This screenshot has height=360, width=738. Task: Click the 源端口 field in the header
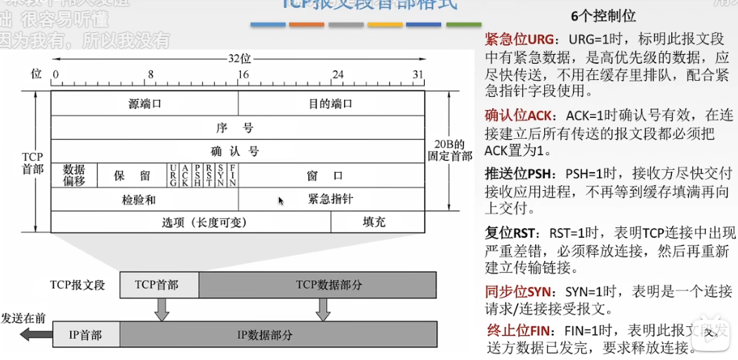(145, 103)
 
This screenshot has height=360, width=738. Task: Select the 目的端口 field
(331, 103)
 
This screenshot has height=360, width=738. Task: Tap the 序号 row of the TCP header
(238, 128)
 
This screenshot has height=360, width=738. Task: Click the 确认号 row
(238, 151)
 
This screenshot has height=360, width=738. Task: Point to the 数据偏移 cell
(74, 175)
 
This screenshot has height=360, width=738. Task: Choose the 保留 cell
(132, 175)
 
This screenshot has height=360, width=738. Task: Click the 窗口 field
(331, 175)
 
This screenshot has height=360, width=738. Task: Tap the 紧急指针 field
(331, 199)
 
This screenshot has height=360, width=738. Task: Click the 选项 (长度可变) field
(191, 222)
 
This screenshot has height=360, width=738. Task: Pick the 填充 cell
(377, 222)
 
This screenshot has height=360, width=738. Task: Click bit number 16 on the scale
(243, 74)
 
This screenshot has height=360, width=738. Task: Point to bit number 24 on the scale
(338, 74)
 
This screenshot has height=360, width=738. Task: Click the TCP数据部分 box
(317, 285)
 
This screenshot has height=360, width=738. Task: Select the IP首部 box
(85, 335)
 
